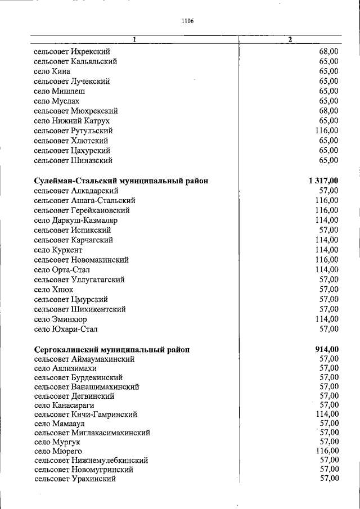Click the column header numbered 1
[x=134, y=40]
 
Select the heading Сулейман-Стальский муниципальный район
[x=121, y=181]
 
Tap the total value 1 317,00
[x=323, y=181]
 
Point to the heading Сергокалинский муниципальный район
[x=111, y=349]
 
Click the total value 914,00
[x=327, y=349]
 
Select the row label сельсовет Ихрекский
[x=71, y=52]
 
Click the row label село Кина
[x=52, y=71]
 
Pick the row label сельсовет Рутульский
[x=73, y=130]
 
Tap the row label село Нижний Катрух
[x=71, y=121]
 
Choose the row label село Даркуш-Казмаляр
[x=75, y=220]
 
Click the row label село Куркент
[x=58, y=250]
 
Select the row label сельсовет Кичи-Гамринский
[x=85, y=415]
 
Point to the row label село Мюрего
[x=58, y=451]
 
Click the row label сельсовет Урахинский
[x=75, y=479]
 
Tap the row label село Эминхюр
[x=60, y=319]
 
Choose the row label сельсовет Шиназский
[x=73, y=160]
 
